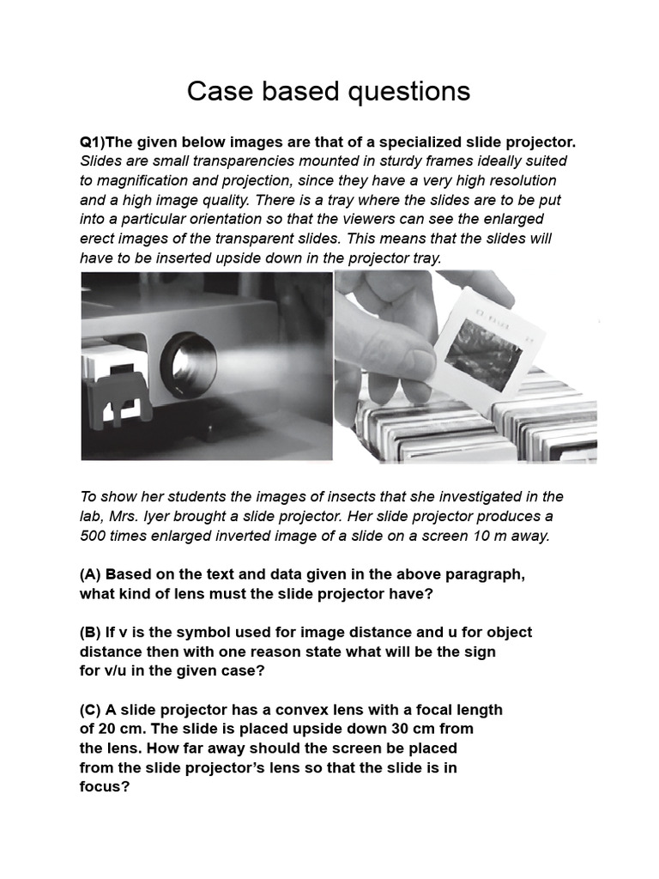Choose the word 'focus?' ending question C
pos(105,786)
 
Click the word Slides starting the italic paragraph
pos(101,161)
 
